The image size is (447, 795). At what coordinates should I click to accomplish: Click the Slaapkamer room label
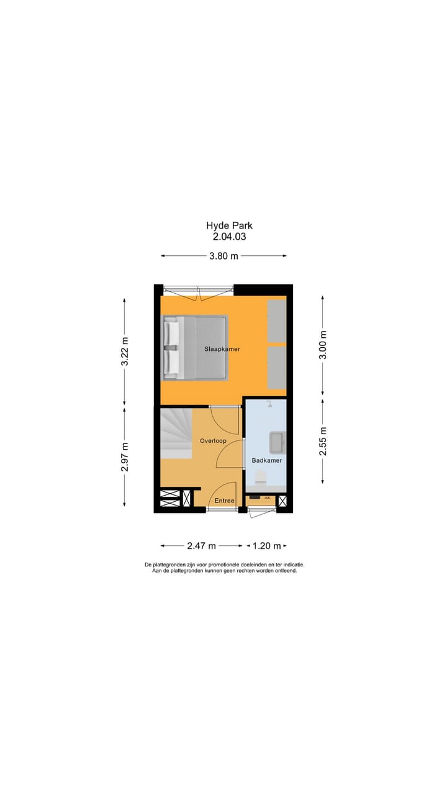click(x=222, y=349)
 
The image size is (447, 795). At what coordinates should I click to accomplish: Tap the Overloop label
click(x=212, y=441)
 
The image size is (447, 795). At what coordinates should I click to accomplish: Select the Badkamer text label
click(x=267, y=460)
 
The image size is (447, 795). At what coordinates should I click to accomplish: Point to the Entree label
click(x=225, y=501)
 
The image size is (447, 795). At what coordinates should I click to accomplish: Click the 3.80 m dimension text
click(x=223, y=256)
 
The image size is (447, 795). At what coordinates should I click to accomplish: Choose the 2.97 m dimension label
click(x=125, y=457)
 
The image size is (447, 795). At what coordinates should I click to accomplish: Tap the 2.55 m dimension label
click(x=322, y=441)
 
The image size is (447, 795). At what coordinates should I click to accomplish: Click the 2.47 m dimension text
click(x=201, y=546)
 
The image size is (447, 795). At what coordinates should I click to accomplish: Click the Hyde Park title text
click(x=230, y=226)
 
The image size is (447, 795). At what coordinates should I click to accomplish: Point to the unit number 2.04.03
click(x=230, y=237)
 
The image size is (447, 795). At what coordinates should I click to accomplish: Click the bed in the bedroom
click(x=196, y=347)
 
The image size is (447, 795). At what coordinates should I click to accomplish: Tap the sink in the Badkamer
click(x=277, y=442)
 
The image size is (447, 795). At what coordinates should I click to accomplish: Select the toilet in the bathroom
click(x=260, y=478)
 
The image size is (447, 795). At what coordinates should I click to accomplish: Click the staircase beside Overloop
click(x=176, y=433)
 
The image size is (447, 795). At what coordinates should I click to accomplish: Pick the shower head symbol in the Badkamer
click(x=270, y=404)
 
